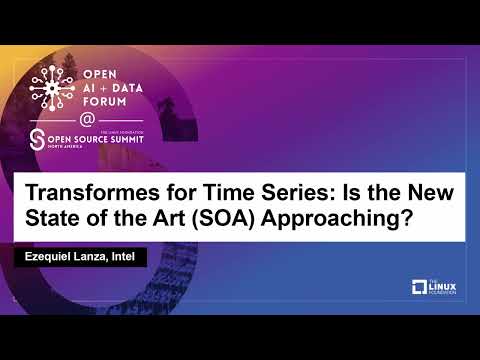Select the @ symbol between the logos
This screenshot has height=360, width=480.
pyautogui.click(x=87, y=118)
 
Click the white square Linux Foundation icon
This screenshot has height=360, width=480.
pyautogui.click(x=420, y=288)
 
